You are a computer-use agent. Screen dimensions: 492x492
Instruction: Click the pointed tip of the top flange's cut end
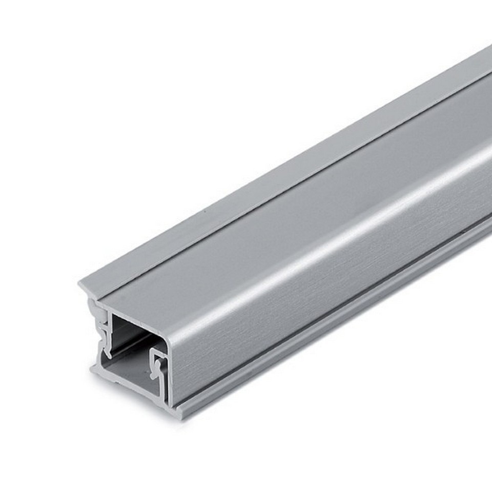coord(81,283)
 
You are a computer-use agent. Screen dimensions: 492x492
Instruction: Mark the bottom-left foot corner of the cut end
coord(93,368)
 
